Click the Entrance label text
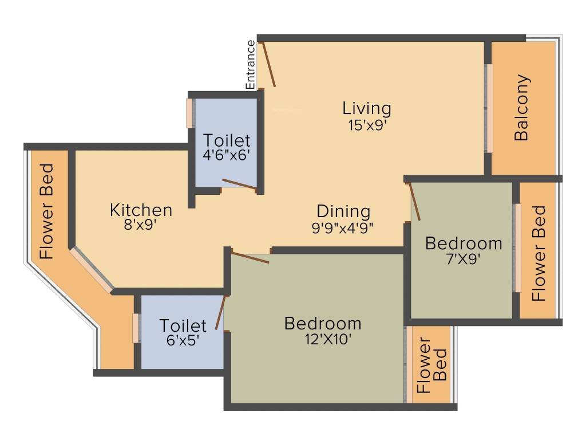click(250, 64)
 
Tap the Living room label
click(367, 108)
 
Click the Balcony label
click(522, 108)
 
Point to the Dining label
click(343, 211)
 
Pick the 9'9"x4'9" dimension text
click(343, 227)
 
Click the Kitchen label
click(141, 210)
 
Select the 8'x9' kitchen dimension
click(141, 225)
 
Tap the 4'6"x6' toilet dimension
click(227, 155)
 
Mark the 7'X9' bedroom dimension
click(464, 258)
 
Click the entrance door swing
click(268, 64)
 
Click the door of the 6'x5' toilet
click(221, 313)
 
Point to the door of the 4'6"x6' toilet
click(239, 183)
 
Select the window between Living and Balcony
click(489, 108)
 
